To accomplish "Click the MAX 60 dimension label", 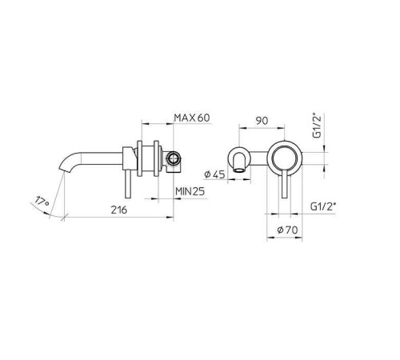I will pos(192,118).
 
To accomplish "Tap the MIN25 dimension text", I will pos(192,191).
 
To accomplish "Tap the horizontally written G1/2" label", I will pos(322,206).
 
